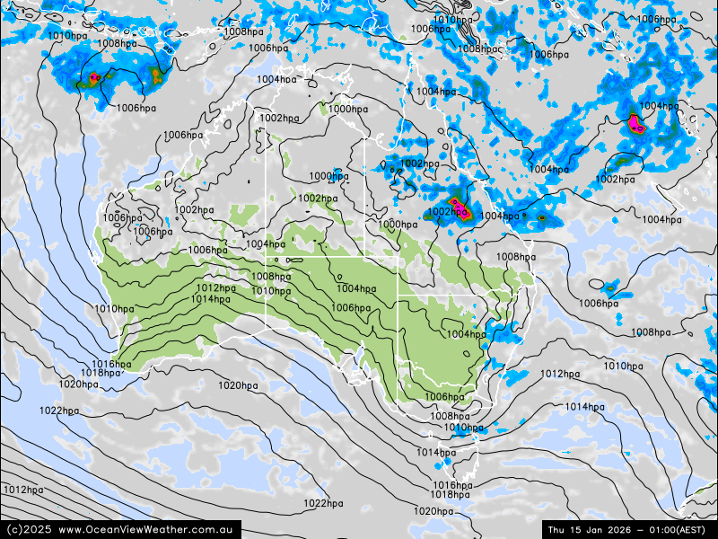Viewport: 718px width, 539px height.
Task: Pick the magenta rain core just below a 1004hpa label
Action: click(x=635, y=122)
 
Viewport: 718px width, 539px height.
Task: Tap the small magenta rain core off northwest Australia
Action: click(x=93, y=79)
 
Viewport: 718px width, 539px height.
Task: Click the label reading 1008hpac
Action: click(x=478, y=49)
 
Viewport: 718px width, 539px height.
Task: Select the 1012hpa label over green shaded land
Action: click(x=216, y=288)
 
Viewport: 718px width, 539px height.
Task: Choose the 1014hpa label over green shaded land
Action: click(x=210, y=299)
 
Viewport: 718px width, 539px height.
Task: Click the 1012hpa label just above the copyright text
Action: click(x=23, y=490)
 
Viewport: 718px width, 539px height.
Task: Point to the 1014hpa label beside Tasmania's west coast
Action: click(x=436, y=453)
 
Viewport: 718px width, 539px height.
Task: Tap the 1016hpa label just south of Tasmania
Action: click(x=451, y=485)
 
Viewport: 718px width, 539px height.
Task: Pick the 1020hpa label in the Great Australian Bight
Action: click(x=238, y=385)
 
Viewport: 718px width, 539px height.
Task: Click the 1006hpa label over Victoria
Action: click(x=444, y=397)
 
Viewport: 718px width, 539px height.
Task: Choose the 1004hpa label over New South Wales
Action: click(x=466, y=334)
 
